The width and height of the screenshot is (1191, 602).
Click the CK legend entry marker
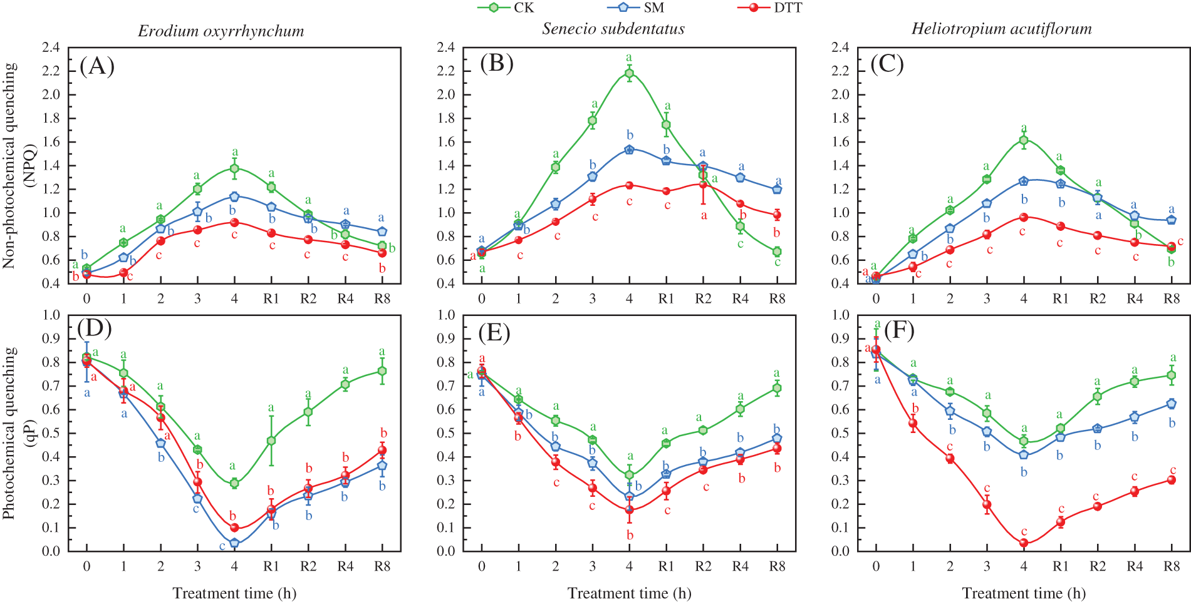[x=493, y=8]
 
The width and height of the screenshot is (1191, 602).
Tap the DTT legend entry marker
[x=754, y=8]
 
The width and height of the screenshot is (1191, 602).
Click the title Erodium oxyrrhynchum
[x=221, y=31]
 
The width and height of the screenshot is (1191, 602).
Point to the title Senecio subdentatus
[x=613, y=29]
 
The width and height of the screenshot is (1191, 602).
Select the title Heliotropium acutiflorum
[x=1001, y=29]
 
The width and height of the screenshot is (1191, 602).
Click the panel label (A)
[x=97, y=65]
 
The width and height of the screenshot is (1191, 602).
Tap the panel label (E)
[x=494, y=332]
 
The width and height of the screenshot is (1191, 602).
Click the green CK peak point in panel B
[x=629, y=74]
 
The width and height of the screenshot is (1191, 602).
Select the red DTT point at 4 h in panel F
[x=1024, y=543]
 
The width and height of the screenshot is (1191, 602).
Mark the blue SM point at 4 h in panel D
[x=234, y=543]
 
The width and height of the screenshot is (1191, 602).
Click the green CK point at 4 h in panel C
[x=1024, y=140]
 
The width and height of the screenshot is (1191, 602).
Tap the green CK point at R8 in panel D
[x=382, y=371]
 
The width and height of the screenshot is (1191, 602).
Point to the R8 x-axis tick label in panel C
[x=1171, y=299]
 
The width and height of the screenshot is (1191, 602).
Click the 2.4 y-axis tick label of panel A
[x=51, y=48]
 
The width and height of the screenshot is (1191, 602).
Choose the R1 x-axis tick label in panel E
[x=665, y=566]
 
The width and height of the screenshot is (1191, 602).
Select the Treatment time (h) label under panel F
[x=1024, y=593]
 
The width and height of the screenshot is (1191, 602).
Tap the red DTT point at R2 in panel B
[x=703, y=185]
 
